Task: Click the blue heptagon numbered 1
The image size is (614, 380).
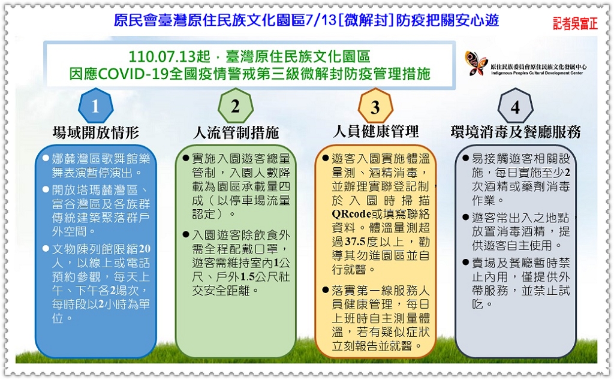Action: tap(96, 105)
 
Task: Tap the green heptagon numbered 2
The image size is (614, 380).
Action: tap(236, 105)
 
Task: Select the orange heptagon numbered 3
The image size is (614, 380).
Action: tap(375, 106)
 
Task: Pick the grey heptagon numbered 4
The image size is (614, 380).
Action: tap(515, 106)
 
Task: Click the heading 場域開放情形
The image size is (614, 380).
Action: tap(96, 132)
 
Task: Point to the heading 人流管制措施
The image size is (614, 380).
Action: tap(236, 132)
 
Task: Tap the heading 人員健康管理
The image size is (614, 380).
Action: tap(376, 131)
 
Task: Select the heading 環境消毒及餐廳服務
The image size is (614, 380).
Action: tap(516, 132)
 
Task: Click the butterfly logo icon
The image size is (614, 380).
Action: tap(475, 63)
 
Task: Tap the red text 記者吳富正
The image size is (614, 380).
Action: tap(575, 23)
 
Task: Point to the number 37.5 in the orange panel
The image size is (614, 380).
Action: tap(355, 242)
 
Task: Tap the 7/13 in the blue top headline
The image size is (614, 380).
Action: tap(321, 20)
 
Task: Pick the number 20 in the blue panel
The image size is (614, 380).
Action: tap(144, 249)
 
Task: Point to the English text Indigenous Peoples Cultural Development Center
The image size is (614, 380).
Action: tap(537, 73)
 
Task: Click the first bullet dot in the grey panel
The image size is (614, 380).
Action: tap(465, 158)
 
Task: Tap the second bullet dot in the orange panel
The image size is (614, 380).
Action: tap(326, 290)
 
